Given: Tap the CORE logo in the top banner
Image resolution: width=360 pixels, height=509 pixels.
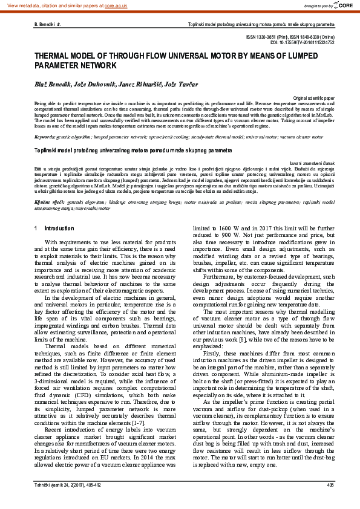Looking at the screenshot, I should (x=342, y=5).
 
